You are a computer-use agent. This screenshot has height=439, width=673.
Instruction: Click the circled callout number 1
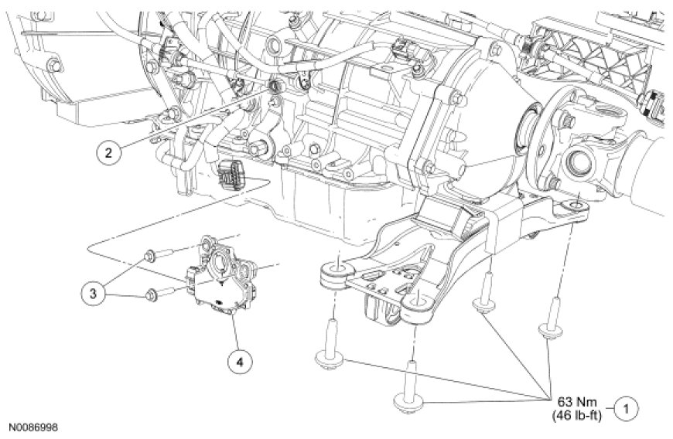[626, 409]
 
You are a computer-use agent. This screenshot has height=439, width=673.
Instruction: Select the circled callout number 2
[108, 152]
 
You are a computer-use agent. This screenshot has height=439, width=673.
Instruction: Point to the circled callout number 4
[240, 362]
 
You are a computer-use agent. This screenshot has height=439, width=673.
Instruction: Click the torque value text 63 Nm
[577, 402]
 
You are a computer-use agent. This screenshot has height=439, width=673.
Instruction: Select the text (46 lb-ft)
[577, 415]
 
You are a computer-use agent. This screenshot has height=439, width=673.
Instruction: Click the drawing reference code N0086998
[33, 428]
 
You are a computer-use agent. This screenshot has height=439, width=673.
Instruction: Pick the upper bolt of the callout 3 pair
[159, 255]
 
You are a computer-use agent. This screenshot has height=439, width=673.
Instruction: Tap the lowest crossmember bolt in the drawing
[409, 387]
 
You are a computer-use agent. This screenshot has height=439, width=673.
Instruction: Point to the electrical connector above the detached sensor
[232, 175]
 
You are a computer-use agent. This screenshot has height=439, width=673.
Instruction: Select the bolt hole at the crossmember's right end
[576, 206]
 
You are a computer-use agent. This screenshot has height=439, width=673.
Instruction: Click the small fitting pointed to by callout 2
[274, 87]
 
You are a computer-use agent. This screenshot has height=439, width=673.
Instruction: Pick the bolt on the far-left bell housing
[54, 65]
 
